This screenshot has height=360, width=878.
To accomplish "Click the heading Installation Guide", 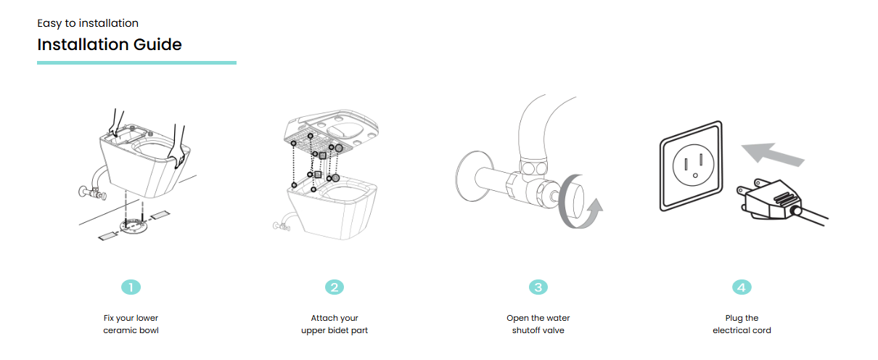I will tap(110, 44).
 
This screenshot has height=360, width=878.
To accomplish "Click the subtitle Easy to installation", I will tap(88, 23).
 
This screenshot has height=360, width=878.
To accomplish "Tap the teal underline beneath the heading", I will tap(136, 63).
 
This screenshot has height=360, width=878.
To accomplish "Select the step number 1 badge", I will tap(131, 287).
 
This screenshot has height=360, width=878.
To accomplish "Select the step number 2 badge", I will tap(335, 287).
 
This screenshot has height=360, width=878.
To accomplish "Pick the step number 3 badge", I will tap(538, 287).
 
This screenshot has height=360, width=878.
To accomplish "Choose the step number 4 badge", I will tap(742, 287).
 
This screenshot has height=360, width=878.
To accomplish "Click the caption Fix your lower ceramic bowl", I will tap(131, 324).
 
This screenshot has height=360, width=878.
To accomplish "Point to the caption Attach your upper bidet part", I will tap(335, 324).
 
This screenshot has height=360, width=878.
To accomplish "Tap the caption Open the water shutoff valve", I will tap(538, 324).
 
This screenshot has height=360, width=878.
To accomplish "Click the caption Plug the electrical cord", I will tap(742, 324).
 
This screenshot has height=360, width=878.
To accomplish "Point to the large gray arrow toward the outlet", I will tap(772, 155).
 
